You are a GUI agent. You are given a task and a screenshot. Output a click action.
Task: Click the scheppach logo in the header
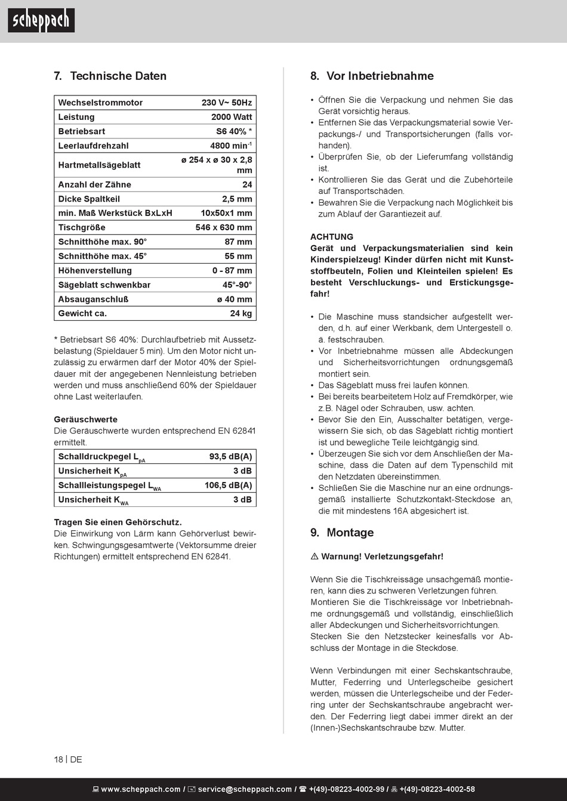(41, 21)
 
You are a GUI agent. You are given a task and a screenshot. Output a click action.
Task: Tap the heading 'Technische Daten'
(118, 76)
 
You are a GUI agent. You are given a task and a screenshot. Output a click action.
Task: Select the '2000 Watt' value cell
(232, 117)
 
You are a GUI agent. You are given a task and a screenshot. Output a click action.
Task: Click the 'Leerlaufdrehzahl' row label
(93, 146)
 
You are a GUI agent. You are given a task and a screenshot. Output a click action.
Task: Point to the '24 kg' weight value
(241, 313)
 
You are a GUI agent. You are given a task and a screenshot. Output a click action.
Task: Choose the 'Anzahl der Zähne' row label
(94, 184)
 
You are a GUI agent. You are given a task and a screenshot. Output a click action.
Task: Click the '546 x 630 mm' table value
(224, 227)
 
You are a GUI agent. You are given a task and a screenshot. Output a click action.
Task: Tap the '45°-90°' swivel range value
(237, 284)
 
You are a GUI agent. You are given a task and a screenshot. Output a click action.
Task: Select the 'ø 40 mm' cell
(235, 299)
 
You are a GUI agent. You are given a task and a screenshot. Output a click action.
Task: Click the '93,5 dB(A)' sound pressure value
(230, 456)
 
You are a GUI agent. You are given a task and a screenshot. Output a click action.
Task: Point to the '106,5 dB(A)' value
(228, 485)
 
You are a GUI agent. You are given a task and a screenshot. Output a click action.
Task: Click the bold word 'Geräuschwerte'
(85, 419)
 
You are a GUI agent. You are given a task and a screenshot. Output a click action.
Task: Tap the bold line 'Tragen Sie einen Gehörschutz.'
(118, 522)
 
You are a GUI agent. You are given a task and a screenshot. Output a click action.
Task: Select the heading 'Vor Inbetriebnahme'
(380, 76)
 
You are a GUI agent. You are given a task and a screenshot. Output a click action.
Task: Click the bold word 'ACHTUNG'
(332, 237)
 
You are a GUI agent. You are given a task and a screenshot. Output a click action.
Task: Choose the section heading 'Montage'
(350, 533)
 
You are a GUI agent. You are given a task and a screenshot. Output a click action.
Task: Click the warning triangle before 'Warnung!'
(315, 556)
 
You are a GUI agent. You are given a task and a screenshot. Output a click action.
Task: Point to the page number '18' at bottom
(58, 759)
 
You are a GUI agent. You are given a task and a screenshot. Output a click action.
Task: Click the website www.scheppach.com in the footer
(141, 789)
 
